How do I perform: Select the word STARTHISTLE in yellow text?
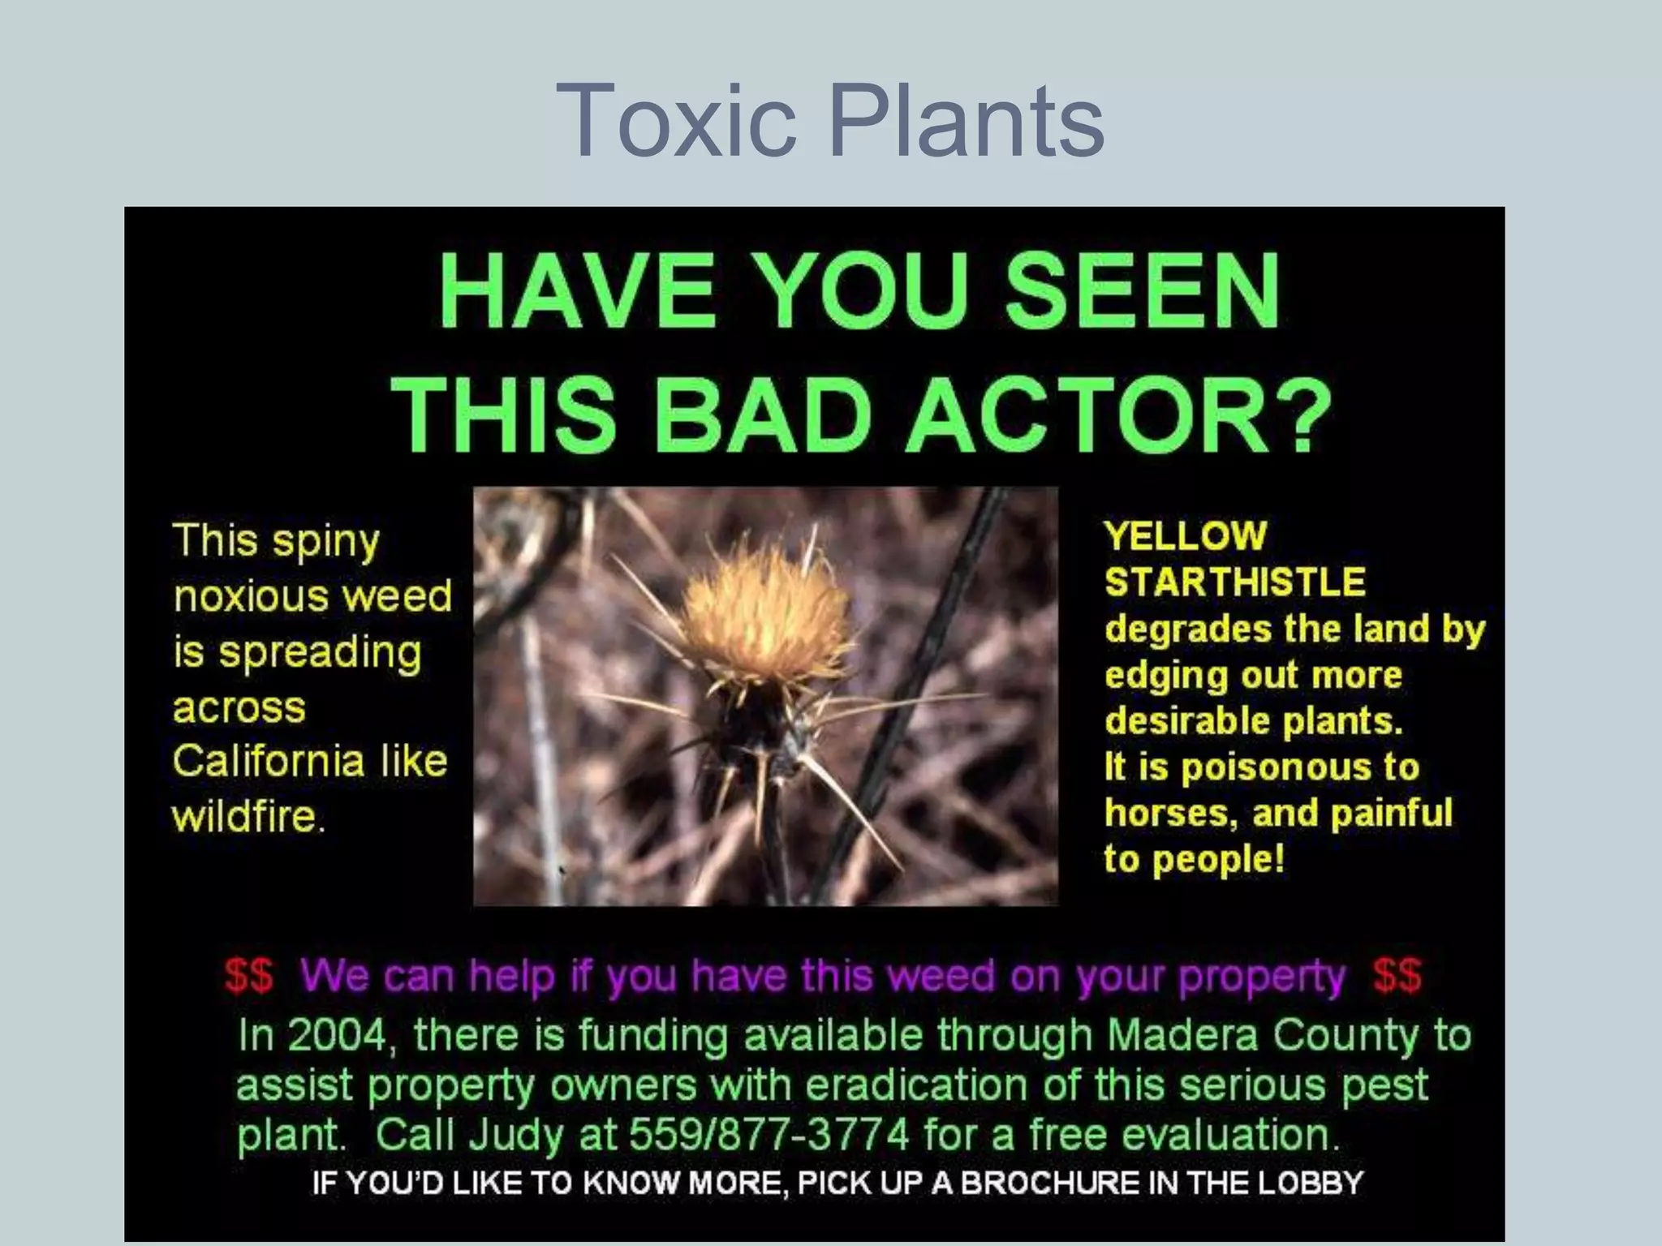[1235, 582]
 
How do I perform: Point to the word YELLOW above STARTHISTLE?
[1185, 536]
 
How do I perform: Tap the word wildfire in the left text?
[244, 816]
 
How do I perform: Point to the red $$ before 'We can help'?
[249, 976]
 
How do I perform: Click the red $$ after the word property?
[1397, 976]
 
